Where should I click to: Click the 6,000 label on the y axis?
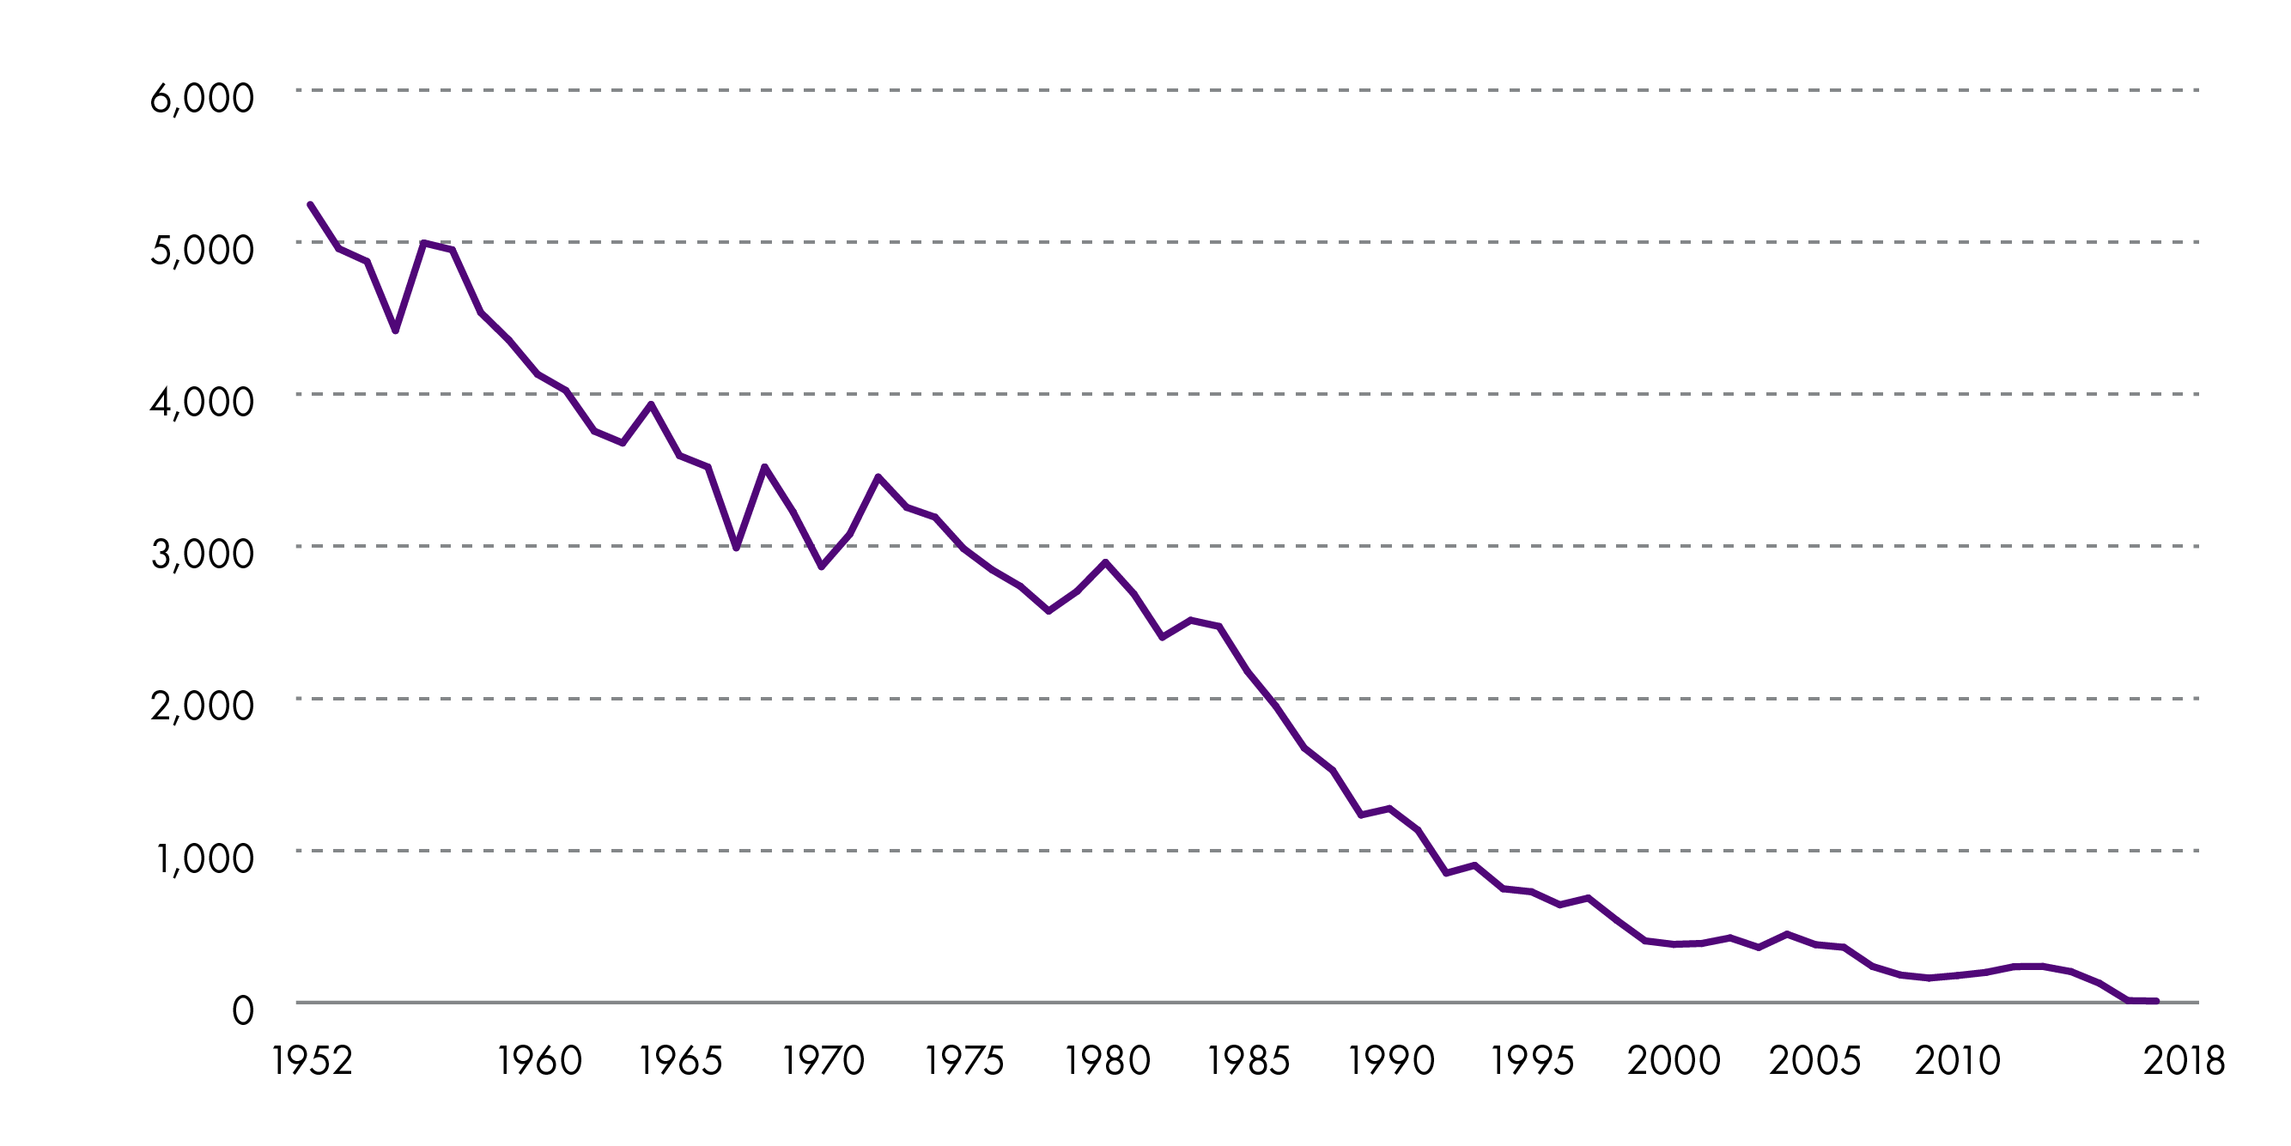[x=202, y=98]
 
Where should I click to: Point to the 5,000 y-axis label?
[x=202, y=250]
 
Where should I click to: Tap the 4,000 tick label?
[x=202, y=402]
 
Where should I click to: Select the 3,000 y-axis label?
[x=202, y=554]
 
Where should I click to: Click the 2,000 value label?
[x=202, y=706]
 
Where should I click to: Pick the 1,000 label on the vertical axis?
[x=204, y=858]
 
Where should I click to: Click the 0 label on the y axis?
[x=243, y=1011]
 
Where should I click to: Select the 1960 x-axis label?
[x=539, y=1061]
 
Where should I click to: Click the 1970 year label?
[x=823, y=1061]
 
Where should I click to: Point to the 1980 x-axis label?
[x=1107, y=1061]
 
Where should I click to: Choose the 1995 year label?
[x=1533, y=1061]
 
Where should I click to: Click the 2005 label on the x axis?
[x=1814, y=1061]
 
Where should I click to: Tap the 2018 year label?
[x=2184, y=1061]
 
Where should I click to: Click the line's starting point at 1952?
[x=309, y=204]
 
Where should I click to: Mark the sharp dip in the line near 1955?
[x=396, y=330]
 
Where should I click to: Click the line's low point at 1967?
[x=737, y=548]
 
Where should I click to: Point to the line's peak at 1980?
[x=1105, y=562]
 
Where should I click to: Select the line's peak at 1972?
[x=878, y=477]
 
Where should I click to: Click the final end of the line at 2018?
[x=2156, y=1001]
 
